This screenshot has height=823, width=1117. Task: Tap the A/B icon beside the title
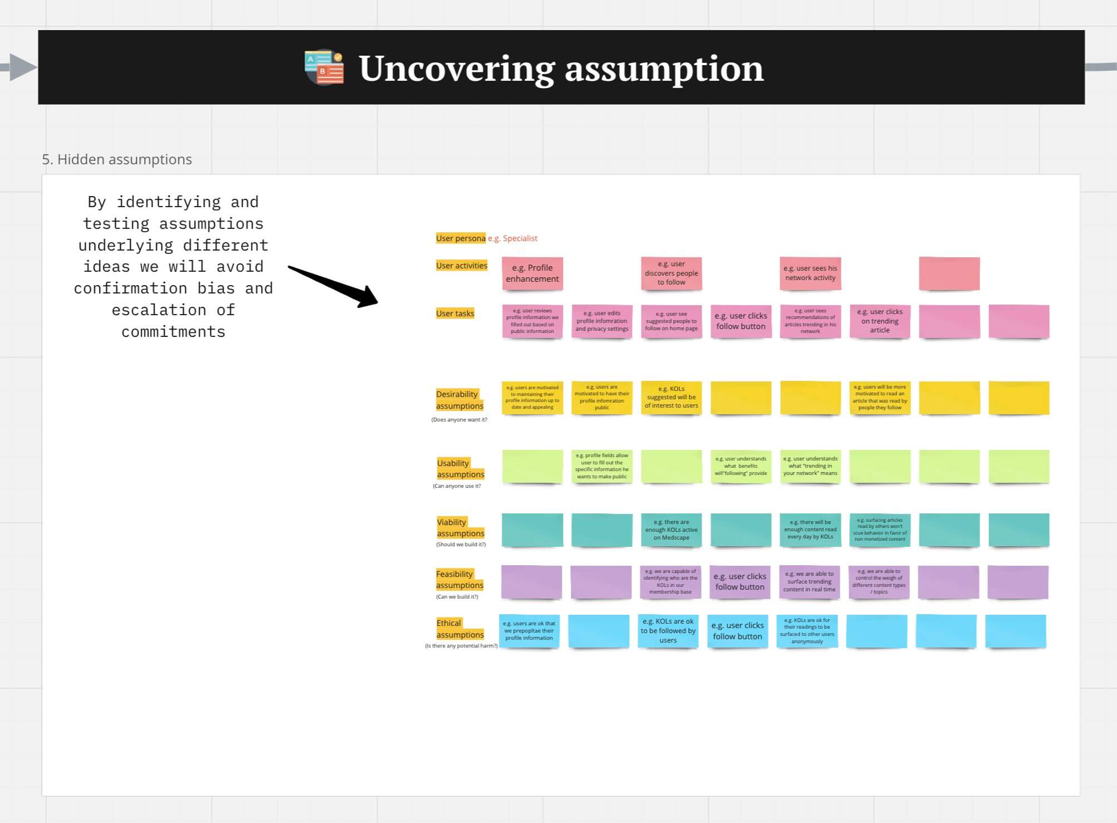[324, 67]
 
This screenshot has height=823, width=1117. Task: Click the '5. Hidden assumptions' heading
[117, 159]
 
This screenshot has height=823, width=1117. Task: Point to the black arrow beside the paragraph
[334, 286]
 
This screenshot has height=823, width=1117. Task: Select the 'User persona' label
[460, 238]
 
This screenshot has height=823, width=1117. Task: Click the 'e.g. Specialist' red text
[513, 238]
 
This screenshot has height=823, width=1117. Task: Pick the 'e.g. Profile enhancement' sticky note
[532, 273]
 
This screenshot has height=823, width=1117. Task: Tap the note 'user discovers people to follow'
[671, 273]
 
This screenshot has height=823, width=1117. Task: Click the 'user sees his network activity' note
[810, 273]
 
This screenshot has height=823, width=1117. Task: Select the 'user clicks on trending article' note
[880, 321]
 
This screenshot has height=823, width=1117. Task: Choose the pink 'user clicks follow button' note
[741, 321]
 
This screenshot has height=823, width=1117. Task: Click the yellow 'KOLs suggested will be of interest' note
[671, 398]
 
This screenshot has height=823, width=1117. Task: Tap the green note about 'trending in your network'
[810, 466]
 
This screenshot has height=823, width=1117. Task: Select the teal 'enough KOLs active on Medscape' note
[671, 530]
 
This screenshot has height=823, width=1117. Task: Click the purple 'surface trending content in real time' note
[809, 582]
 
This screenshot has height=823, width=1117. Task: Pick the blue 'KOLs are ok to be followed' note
[668, 631]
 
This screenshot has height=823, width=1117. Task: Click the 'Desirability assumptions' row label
[459, 400]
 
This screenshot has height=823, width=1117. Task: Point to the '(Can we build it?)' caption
[457, 597]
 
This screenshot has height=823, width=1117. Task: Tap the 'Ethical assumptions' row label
[459, 629]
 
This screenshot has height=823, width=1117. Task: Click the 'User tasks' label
[455, 313]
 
